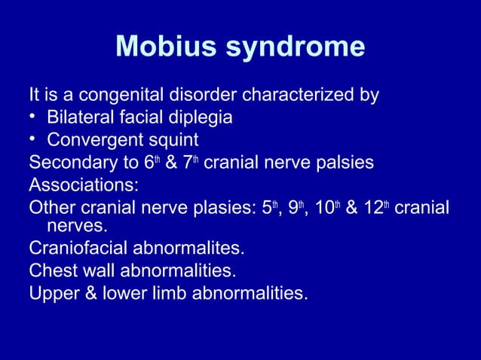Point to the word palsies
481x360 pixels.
point(338,163)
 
